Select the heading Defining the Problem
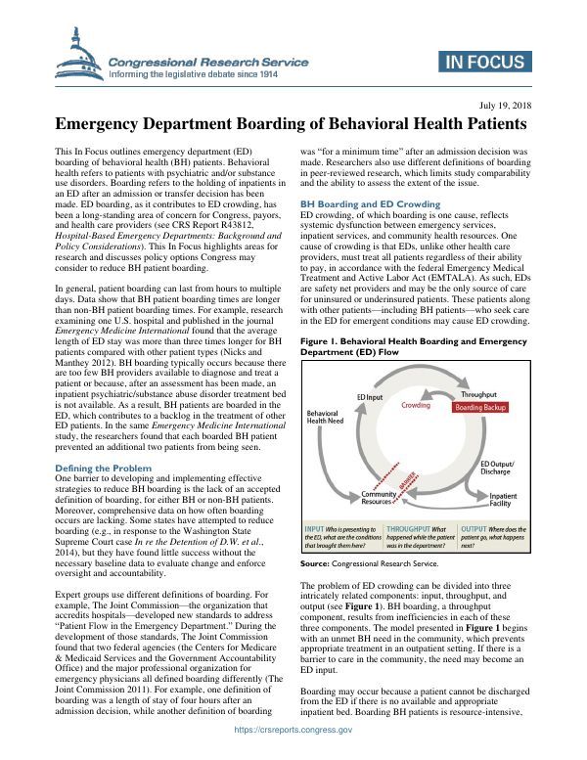[x=103, y=469]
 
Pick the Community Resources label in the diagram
[x=380, y=498]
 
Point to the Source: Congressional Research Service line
[x=369, y=563]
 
